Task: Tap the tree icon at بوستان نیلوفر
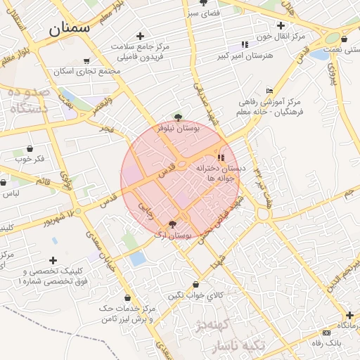click(x=178, y=117)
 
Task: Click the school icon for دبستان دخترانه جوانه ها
click(x=221, y=157)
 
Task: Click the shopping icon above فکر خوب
click(x=30, y=148)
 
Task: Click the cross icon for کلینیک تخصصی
click(x=53, y=260)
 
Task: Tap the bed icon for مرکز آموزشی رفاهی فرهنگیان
click(x=269, y=91)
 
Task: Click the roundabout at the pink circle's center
click(x=181, y=165)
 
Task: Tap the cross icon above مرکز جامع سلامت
click(x=140, y=35)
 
